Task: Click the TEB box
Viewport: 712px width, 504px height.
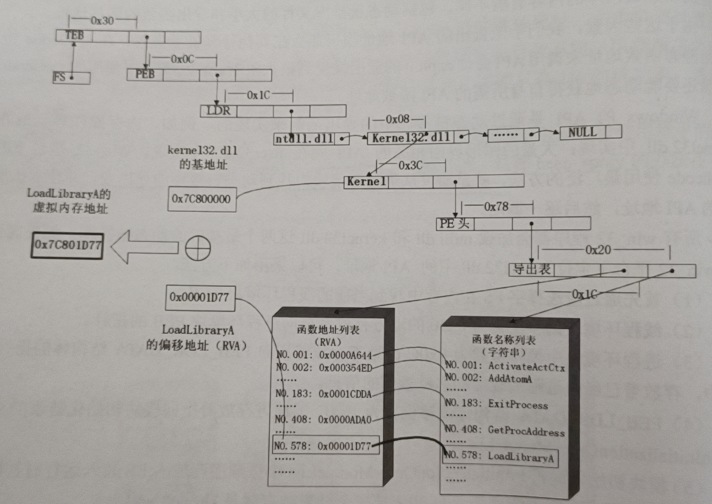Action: (x=74, y=37)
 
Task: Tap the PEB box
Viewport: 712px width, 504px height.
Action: (x=145, y=75)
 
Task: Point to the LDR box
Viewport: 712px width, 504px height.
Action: (x=219, y=111)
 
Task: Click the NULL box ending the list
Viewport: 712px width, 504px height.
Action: (x=583, y=132)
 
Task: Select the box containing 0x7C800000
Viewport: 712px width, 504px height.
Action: (x=201, y=199)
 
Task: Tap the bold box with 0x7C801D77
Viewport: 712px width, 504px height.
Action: (x=68, y=246)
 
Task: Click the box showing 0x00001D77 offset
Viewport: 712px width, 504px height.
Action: (x=200, y=298)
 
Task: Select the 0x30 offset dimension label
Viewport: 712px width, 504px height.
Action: (x=102, y=20)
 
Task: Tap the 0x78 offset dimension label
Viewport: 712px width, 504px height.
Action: (x=496, y=207)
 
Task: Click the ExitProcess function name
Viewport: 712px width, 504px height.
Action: (x=518, y=405)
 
